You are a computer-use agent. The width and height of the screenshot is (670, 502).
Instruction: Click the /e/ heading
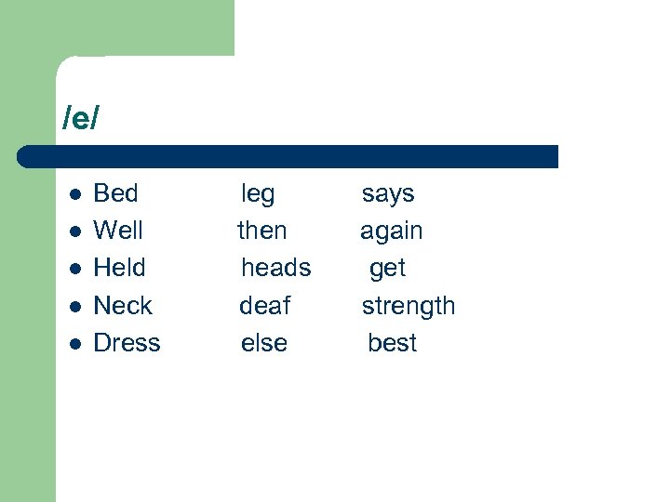[x=81, y=119]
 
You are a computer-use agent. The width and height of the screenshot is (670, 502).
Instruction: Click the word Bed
[x=116, y=193]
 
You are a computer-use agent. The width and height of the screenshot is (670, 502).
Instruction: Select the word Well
[x=118, y=231]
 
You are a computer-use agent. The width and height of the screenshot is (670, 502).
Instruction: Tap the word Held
[x=120, y=268]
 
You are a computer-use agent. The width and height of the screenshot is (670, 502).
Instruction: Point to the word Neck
[x=123, y=306]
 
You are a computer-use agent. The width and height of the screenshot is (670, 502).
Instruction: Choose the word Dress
[x=127, y=343]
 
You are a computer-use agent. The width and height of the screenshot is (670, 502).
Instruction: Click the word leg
[x=258, y=194]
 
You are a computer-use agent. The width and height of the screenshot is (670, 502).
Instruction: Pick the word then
[x=262, y=231]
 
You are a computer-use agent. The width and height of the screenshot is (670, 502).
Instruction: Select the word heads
[x=276, y=268]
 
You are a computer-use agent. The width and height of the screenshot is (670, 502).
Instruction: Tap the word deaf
[x=265, y=306]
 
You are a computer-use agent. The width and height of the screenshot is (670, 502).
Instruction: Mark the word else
[x=264, y=343]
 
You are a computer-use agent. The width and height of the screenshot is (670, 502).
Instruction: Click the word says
[x=388, y=194]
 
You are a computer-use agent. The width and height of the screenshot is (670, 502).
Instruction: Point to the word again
[x=392, y=231]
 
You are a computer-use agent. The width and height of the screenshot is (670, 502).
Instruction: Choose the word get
[x=387, y=269]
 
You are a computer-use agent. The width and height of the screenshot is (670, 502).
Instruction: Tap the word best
[x=393, y=343]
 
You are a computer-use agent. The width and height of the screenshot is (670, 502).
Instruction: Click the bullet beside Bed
[x=76, y=194]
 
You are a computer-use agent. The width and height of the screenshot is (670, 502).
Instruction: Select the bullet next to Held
[x=76, y=269]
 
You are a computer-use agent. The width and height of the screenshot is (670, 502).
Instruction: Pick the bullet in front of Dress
[x=76, y=344]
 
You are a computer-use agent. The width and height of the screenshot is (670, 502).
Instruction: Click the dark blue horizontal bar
[x=288, y=156]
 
